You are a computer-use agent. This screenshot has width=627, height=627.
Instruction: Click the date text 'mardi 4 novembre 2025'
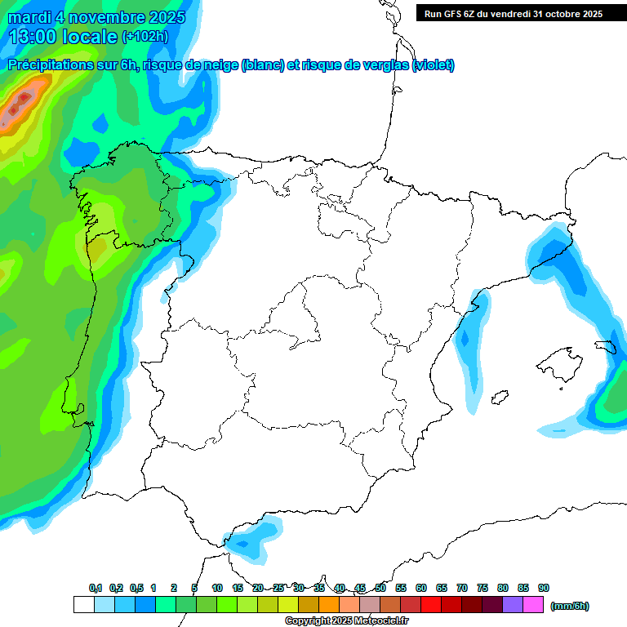[96, 17]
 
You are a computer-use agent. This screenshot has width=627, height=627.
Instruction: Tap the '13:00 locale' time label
[64, 37]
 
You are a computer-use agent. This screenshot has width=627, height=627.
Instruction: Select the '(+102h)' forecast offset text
[145, 37]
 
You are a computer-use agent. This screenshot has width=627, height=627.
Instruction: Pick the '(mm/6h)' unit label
[569, 606]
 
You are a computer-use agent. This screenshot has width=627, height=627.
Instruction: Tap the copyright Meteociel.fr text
[346, 621]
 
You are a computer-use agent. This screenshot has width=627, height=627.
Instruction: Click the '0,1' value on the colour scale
[96, 589]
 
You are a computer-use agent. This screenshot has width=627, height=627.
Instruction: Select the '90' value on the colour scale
[544, 589]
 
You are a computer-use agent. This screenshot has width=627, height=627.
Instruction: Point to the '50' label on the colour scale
[380, 589]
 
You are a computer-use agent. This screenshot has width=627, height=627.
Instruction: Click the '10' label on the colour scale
[217, 589]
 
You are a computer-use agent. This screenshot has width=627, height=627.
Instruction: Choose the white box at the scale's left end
[83, 605]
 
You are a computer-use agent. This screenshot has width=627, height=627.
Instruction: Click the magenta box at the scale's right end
[533, 605]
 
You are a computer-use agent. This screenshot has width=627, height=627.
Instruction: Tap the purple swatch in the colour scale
[513, 605]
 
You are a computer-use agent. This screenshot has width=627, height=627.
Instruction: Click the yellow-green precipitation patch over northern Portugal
[103, 249]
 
